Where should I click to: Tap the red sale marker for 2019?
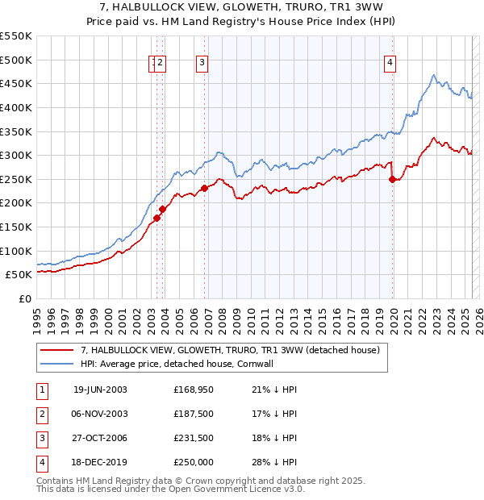tap(393, 180)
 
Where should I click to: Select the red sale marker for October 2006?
tap(204, 188)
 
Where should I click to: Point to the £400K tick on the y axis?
tap(16, 107)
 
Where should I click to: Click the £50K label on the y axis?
tap(19, 275)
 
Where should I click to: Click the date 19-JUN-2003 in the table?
tap(100, 390)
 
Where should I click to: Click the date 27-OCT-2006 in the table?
tap(100, 438)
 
